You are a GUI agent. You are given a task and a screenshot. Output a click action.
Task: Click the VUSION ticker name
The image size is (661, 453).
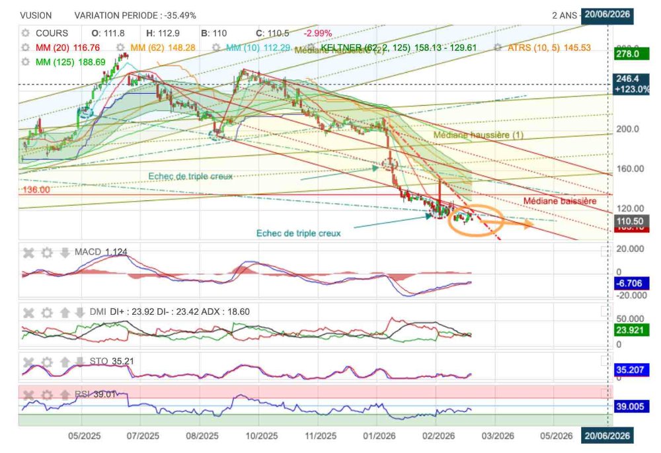(x=36, y=15)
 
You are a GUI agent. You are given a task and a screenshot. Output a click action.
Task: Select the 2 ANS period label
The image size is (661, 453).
(x=565, y=15)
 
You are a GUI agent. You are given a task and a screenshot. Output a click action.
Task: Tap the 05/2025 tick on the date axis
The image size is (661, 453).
(x=84, y=436)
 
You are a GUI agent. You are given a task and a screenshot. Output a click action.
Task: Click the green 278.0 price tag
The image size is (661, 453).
(x=627, y=54)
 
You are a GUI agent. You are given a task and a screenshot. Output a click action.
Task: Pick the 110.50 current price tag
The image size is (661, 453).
(x=630, y=220)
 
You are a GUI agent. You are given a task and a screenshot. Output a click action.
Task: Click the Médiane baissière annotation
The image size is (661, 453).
(x=560, y=200)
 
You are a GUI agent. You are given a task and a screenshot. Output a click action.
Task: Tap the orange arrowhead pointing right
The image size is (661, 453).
(x=528, y=226)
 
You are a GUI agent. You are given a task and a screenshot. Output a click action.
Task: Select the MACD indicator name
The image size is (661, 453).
(x=88, y=252)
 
